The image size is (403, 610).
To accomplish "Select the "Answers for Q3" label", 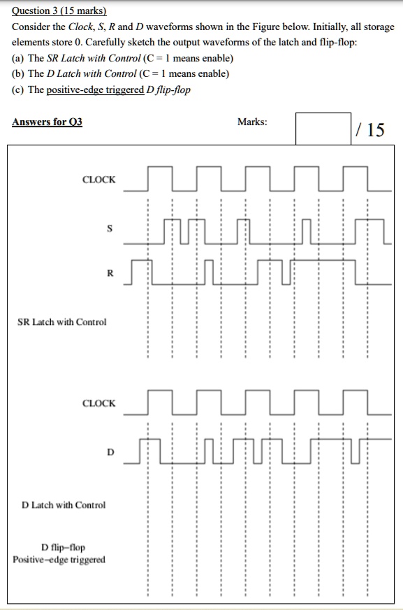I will pos(47,122).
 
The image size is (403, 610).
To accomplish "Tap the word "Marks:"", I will pos(251,122).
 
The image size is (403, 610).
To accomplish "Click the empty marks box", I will pos(323,128).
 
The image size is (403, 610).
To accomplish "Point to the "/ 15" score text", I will pos(369,129).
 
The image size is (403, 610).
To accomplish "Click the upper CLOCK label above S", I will pos(99,180).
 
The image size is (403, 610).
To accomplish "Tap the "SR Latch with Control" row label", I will pos(62,322).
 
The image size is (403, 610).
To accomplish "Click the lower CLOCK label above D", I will pos(99,403).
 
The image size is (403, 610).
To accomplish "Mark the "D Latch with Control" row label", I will pos(64,504).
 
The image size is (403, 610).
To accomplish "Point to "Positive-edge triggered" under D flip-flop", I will pos(59,559).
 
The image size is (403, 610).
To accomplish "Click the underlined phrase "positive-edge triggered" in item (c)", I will pos(93,90).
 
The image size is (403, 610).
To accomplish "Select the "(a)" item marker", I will pos(18,58).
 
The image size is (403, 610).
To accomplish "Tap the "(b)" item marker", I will pos(18,74).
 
